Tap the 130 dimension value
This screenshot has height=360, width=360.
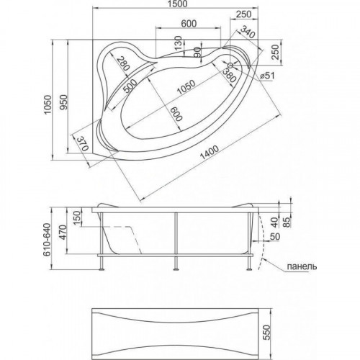[178, 43]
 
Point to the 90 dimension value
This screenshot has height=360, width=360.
[197, 52]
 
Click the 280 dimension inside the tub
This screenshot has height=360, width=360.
[122, 63]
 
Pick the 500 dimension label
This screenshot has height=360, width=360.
[130, 86]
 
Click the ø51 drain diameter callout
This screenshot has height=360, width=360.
[267, 76]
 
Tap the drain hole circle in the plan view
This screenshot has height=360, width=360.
[230, 65]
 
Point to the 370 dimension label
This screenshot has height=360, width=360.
[83, 144]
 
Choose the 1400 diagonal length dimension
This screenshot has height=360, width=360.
[210, 153]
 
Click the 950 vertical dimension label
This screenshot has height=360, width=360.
[64, 102]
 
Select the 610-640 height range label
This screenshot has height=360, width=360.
[47, 240]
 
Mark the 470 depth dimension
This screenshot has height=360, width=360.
[63, 233]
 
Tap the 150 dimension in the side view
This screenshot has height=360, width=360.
[77, 218]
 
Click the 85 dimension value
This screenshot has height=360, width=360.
[287, 222]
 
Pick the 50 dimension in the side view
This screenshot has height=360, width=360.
[275, 237]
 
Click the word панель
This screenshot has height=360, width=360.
[302, 266]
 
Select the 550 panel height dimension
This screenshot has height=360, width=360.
[266, 333]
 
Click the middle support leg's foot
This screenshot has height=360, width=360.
[176, 269]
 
